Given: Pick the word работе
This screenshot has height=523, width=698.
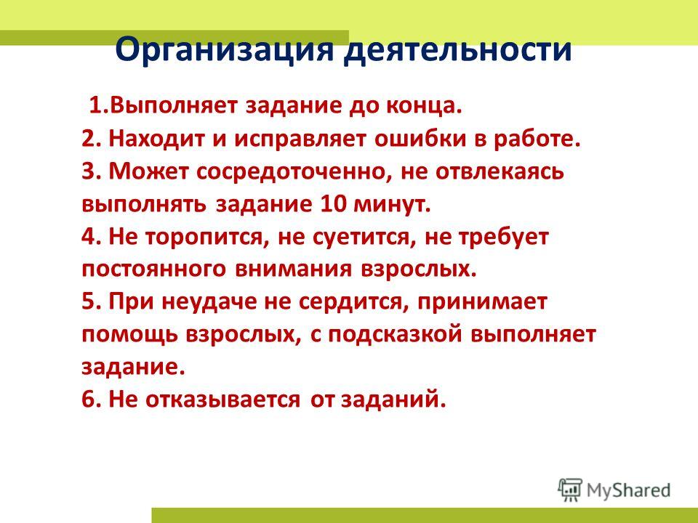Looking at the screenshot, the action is tap(537, 140).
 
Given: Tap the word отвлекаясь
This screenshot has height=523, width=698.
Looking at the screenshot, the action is tap(500, 172).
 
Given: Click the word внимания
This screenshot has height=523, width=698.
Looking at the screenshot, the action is tap(293, 269).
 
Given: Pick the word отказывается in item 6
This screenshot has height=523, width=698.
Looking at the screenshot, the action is tap(223, 400).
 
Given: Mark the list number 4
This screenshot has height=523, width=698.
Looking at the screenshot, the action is tap(88, 237).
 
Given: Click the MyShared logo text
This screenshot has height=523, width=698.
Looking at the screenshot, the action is tap(628, 490).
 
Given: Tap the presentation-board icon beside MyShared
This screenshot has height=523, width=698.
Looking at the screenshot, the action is tap(570, 490).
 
